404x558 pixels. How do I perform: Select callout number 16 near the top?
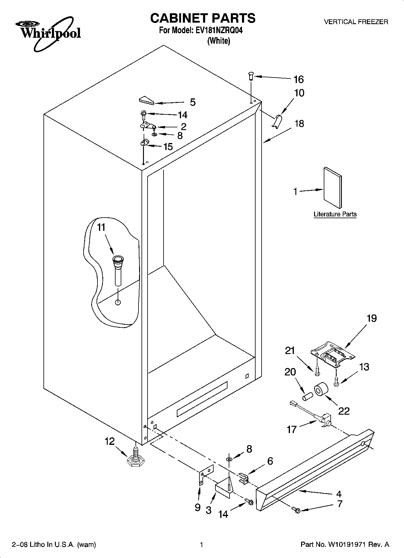point(298,79)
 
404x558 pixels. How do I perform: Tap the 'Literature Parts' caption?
point(335,214)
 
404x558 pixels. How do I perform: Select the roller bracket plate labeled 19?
point(332,354)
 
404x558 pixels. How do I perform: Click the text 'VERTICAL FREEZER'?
point(356,22)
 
